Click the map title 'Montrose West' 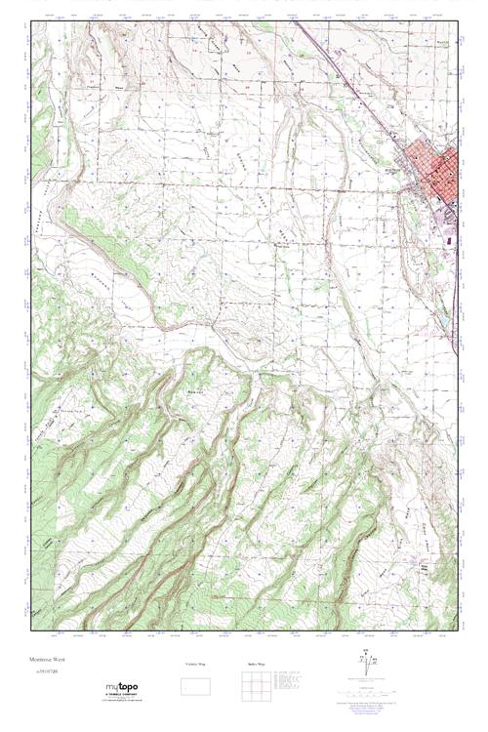point(48,661)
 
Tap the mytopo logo point(121,688)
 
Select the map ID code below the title point(46,673)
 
